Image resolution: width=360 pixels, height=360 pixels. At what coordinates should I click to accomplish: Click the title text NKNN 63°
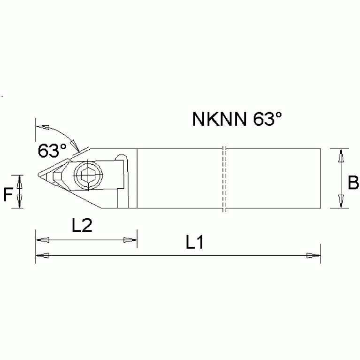[x=237, y=119]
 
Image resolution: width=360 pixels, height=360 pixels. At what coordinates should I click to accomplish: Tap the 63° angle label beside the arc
[x=52, y=151]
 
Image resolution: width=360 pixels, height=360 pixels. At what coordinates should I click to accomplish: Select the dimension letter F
[x=8, y=193]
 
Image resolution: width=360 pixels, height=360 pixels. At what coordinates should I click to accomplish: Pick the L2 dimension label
[x=82, y=227]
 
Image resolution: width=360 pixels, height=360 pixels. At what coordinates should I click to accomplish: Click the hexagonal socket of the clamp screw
[x=87, y=176]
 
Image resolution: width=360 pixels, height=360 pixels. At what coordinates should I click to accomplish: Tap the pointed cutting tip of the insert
[x=38, y=176]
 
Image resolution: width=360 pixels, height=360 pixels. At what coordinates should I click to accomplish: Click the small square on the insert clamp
[x=58, y=176]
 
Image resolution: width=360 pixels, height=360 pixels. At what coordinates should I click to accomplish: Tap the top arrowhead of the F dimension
[x=19, y=181]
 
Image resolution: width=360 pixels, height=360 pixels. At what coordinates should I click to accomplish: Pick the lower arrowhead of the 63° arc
[x=74, y=144]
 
